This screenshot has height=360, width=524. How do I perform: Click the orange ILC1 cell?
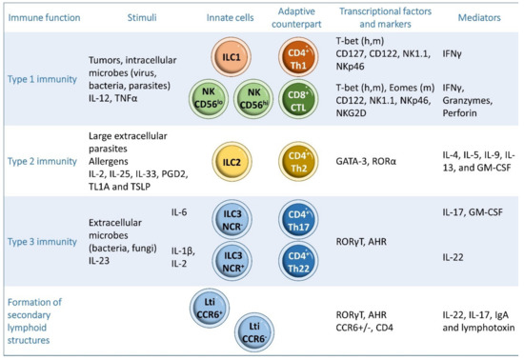[229, 52]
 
